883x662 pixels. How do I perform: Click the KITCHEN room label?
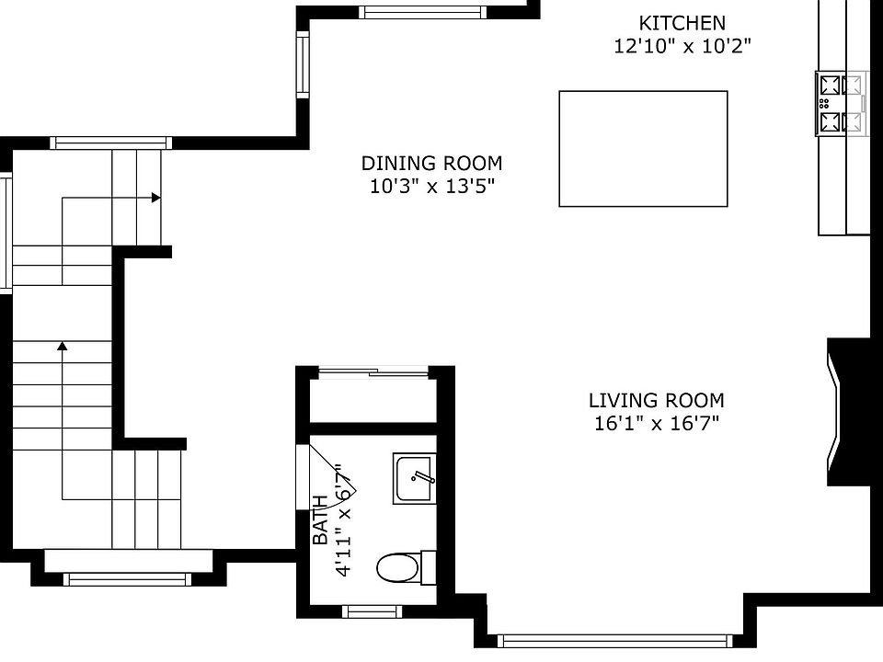point(682,23)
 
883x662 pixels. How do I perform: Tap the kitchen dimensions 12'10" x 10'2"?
point(682,46)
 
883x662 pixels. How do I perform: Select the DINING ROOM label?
point(431,164)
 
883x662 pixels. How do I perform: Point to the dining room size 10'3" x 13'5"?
point(431,187)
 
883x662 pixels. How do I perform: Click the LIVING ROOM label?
point(656,401)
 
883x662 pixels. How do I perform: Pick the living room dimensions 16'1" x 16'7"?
point(656,424)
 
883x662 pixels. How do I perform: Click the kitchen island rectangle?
point(643,148)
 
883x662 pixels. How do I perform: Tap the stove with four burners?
point(841,104)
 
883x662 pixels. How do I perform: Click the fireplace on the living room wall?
point(847,411)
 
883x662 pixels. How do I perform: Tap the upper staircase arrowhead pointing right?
point(156,198)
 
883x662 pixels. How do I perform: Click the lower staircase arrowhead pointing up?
point(63,346)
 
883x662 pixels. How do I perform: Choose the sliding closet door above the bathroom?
point(373,372)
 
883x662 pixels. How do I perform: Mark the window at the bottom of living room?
point(614,641)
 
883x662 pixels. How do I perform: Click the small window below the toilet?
point(372,611)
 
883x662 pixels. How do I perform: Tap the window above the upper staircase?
point(110,143)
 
